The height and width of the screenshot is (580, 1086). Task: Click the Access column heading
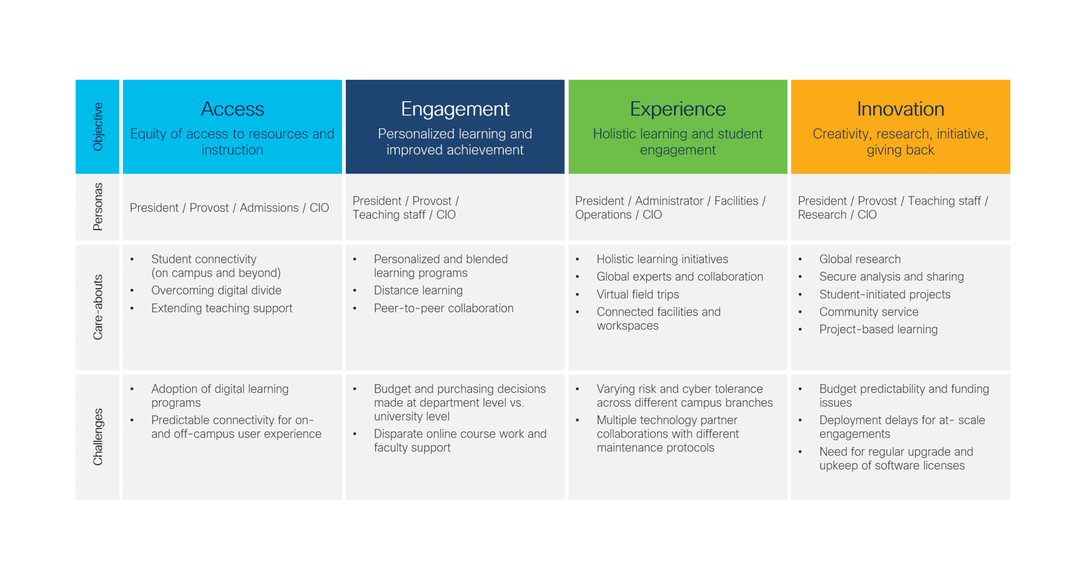pos(232,109)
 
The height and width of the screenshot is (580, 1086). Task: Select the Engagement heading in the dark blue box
pos(455,109)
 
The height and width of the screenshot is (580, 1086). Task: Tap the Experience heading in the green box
pos(678,109)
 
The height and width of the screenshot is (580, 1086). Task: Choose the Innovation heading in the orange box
pos(900,109)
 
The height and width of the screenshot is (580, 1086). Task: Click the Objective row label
pos(98,127)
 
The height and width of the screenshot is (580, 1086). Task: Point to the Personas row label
pos(98,207)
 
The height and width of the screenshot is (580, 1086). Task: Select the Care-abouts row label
pos(98,307)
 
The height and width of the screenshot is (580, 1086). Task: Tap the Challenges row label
pos(98,437)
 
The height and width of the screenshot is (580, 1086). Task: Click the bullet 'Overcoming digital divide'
pos(216,291)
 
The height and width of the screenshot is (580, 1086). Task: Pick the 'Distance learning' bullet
pos(418,291)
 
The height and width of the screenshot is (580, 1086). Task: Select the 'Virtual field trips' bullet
pos(637,294)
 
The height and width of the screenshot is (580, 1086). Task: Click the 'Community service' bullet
pos(869,312)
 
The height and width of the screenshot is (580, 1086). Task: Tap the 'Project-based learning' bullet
pos(878,330)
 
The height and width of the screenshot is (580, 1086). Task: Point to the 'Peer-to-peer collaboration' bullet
pos(443,308)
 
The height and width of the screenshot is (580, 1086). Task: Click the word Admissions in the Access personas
pos(269,208)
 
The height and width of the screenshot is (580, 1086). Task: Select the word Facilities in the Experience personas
pos(736,201)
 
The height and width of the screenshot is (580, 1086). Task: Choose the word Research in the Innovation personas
pos(822,215)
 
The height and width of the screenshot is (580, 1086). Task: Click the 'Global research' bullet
pos(860,260)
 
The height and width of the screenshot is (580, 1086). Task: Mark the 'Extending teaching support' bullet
pos(222,308)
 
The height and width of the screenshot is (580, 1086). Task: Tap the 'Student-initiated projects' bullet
pos(885,294)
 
